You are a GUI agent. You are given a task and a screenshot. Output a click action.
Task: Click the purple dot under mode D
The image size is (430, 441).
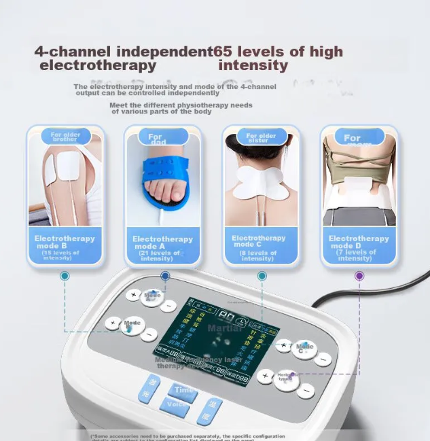tap(359, 276)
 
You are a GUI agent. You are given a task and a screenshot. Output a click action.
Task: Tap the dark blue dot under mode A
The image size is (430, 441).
tap(164, 276)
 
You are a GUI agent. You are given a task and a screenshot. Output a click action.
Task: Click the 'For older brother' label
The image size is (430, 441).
tap(65, 137)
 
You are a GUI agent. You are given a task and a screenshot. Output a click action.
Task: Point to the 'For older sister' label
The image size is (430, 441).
tap(262, 138)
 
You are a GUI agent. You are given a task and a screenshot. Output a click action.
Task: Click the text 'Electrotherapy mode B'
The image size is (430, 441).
tap(65, 242)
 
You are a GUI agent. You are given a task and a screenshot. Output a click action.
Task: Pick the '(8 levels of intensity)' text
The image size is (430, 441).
tap(258, 255)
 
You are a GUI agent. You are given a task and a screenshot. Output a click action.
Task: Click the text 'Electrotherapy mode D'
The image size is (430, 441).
tap(359, 242)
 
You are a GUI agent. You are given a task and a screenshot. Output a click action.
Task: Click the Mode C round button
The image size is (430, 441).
tap(304, 348)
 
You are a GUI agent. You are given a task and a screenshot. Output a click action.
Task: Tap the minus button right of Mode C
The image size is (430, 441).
tap(323, 359)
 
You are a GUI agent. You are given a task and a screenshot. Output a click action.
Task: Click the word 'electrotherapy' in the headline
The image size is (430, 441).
tap(98, 66)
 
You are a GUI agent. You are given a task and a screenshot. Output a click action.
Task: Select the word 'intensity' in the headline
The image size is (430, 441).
tap(253, 66)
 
